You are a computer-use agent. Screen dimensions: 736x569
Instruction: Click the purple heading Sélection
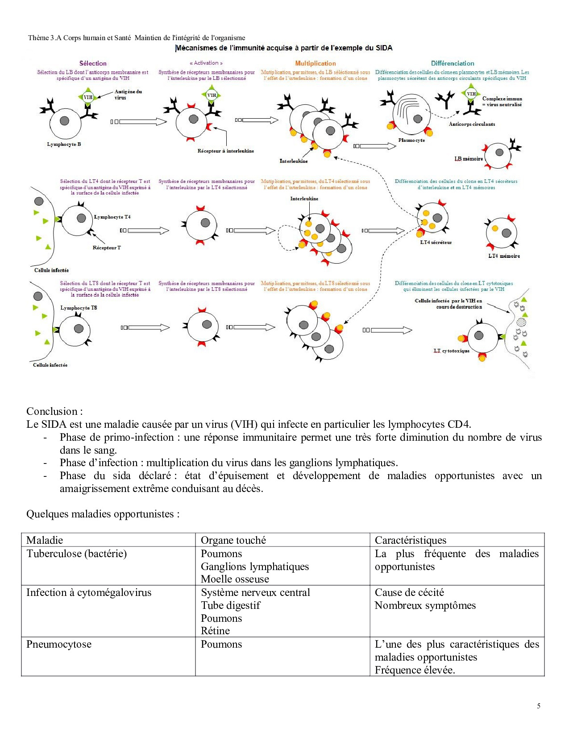93,63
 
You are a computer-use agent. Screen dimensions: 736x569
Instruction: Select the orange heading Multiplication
315,63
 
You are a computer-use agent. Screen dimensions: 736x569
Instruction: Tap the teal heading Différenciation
453,63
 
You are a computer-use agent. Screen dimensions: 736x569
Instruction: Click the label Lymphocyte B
64,144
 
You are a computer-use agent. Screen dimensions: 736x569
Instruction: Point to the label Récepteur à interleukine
225,151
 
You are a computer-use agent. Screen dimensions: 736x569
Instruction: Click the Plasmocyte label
411,140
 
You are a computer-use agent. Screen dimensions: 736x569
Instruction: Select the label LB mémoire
469,159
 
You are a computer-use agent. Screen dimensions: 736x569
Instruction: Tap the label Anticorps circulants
472,124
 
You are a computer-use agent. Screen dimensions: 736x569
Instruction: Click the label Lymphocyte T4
112,217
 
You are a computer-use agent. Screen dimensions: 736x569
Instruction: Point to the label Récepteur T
107,248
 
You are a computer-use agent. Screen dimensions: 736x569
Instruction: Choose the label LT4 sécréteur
436,242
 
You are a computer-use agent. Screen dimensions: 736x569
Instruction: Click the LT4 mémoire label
504,256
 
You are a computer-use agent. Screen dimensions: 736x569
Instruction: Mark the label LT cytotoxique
452,351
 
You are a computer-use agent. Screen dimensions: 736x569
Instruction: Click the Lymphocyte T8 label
79,308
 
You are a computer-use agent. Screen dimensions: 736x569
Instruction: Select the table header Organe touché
233,540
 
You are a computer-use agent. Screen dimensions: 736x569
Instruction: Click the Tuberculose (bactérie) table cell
76,554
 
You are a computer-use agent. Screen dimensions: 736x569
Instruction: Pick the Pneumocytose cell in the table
59,644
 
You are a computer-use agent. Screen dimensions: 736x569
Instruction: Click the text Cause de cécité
409,592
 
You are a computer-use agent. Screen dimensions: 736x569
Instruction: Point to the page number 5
539,706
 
